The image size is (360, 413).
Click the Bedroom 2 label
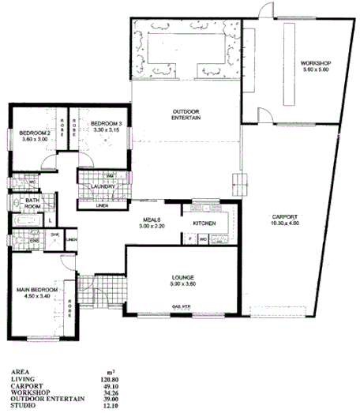[x=35, y=133]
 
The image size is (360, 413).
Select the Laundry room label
[x=104, y=186]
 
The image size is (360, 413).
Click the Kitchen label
[x=205, y=223]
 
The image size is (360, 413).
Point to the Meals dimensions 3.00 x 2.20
[x=153, y=227]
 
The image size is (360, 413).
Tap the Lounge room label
[x=183, y=277]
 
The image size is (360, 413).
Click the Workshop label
[x=315, y=62]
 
